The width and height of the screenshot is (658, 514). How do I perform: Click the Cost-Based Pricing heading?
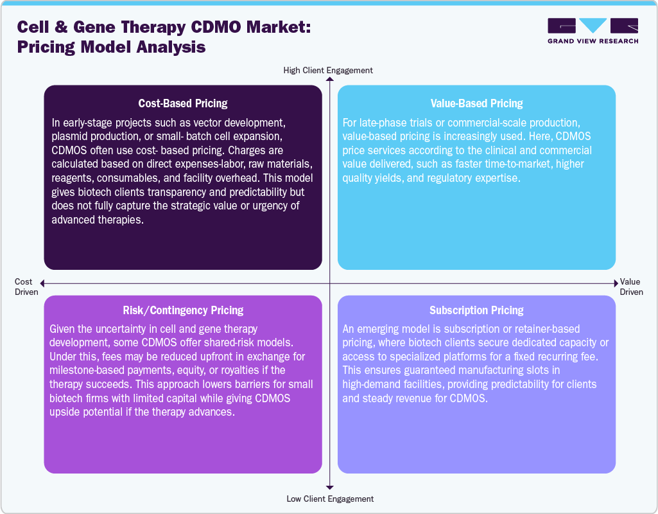click(183, 103)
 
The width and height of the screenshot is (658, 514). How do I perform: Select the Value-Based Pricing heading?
click(476, 103)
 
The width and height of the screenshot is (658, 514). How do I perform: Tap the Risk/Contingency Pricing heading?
click(183, 310)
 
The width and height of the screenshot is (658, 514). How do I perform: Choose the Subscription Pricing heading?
click(476, 310)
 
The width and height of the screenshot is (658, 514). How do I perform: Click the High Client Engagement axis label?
click(328, 70)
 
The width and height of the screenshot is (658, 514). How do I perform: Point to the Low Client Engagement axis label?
click(329, 499)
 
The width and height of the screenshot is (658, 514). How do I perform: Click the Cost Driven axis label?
click(24, 287)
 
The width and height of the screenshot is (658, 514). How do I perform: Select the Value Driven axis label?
click(631, 287)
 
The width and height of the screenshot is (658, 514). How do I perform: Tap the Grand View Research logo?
click(593, 31)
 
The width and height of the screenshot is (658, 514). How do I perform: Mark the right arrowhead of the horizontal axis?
click(617, 283)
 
